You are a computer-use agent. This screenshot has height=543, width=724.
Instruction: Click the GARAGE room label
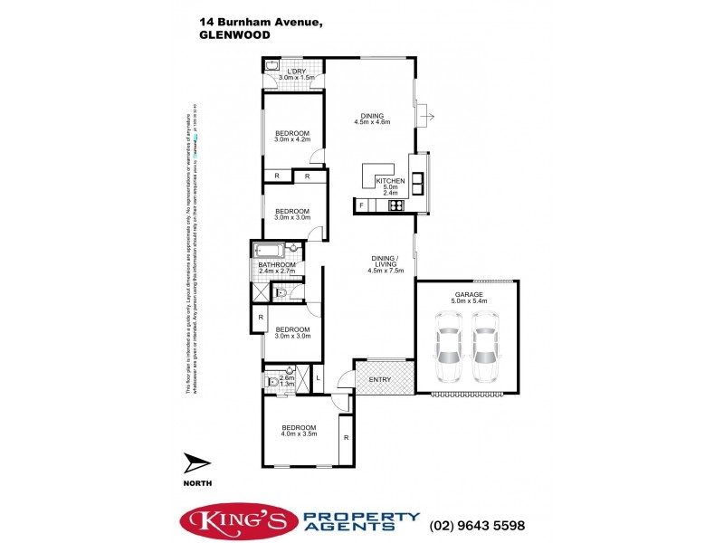[x=468, y=295]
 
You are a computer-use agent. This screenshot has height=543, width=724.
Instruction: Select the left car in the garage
[x=450, y=348]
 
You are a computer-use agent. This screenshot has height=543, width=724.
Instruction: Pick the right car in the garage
[x=486, y=348]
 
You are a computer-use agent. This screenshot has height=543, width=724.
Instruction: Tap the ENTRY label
[x=380, y=379]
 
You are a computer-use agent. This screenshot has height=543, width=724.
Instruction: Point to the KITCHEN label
[x=390, y=181]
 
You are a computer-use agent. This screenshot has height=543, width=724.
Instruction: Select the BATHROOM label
[x=277, y=265]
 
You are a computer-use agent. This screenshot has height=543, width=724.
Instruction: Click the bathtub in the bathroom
[x=270, y=251]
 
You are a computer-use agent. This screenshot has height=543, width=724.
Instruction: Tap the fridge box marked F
[x=361, y=206]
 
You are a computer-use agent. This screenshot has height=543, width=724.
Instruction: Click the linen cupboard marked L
[x=318, y=376]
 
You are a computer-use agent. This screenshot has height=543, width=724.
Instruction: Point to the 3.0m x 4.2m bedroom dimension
[x=292, y=140]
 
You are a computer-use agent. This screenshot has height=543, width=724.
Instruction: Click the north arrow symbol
[x=197, y=464]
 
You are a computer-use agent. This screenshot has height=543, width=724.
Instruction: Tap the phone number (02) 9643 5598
[x=480, y=524]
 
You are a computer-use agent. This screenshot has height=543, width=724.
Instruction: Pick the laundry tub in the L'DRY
[x=272, y=66]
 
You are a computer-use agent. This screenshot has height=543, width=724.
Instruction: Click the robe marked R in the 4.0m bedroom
[x=346, y=438]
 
